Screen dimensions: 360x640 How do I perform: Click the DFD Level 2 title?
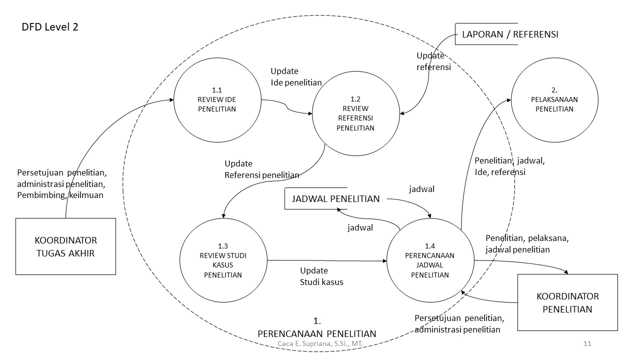point(50,27)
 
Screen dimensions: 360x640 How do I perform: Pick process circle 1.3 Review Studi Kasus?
point(223,260)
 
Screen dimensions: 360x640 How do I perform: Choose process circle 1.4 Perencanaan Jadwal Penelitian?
point(429,260)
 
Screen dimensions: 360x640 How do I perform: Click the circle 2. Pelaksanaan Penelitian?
point(554,99)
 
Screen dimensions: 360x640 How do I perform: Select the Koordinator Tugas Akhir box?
point(65,246)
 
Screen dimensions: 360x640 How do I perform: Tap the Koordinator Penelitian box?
point(567,302)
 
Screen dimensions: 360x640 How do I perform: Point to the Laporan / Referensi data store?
point(509,34)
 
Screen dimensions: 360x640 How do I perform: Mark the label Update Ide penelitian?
point(296,76)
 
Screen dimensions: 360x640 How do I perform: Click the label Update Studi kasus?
point(321,276)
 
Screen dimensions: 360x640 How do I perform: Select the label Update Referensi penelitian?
point(261,169)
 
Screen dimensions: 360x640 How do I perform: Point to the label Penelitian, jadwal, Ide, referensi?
point(509,166)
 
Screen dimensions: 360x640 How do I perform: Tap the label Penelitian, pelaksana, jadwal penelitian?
point(526,243)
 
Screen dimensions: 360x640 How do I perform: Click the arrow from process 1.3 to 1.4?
point(327,260)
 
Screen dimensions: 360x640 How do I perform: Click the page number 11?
point(587,343)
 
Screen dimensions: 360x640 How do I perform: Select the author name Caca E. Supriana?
point(319,344)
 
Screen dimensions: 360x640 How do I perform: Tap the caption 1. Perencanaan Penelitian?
point(316,327)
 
